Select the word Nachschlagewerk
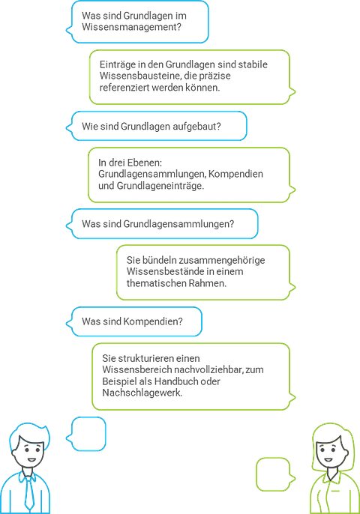(x=142, y=393)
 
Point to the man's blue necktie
(x=29, y=492)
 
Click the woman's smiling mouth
(x=328, y=459)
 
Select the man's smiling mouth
(x=31, y=459)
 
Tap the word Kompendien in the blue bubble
(x=152, y=321)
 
